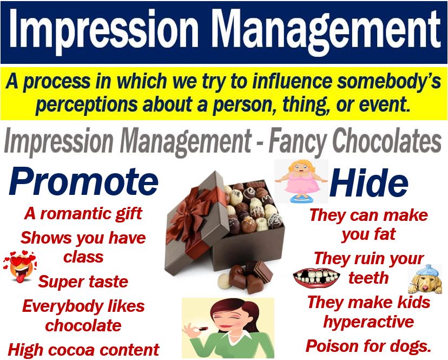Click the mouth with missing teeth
tap(317, 277)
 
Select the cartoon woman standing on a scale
tap(301, 181)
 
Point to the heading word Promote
tap(83, 181)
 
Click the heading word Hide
tap(368, 182)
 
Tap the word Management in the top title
tap(326, 30)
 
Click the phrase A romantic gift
tap(83, 213)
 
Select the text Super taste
tap(83, 282)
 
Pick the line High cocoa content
tap(83, 349)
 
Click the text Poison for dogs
tap(368, 346)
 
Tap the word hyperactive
tap(368, 322)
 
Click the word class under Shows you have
tap(83, 257)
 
